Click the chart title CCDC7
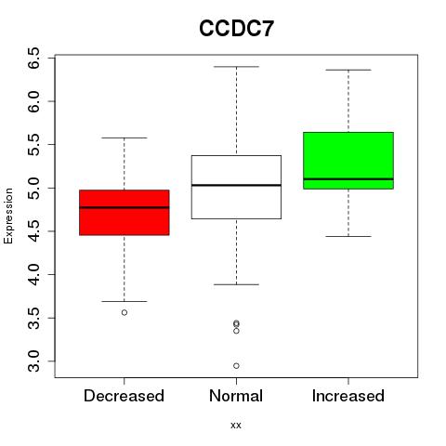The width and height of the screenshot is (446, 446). (236, 29)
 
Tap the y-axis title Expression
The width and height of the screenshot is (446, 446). (8, 216)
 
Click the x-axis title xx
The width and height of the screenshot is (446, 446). (236, 425)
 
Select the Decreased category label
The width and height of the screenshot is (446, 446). (124, 396)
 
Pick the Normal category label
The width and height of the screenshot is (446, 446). (236, 396)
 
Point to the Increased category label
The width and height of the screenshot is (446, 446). (348, 396)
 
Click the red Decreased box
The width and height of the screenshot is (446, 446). (125, 213)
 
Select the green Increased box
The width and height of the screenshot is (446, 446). (348, 161)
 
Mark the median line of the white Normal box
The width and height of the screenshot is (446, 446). (236, 185)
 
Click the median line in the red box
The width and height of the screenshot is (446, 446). (125, 207)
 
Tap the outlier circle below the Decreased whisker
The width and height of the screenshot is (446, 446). (125, 312)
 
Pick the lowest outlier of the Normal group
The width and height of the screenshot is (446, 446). (236, 366)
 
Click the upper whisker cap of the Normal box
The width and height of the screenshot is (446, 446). (236, 67)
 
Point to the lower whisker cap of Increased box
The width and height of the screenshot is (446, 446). (348, 236)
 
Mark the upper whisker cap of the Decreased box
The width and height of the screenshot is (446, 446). (125, 138)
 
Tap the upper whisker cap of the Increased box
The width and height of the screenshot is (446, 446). (348, 70)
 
